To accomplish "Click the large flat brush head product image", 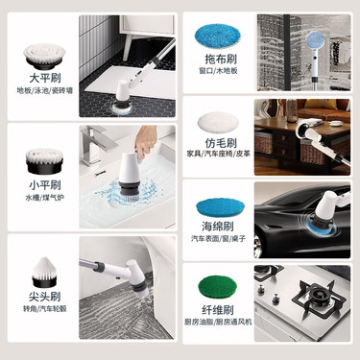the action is (44, 57).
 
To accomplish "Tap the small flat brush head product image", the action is (44, 161).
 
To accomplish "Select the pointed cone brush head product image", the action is (44, 272).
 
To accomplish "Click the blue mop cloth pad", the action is (218, 35).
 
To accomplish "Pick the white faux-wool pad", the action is (218, 123).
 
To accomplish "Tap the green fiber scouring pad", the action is (217, 287).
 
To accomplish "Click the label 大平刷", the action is (45, 78).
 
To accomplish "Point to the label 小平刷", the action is (45, 185).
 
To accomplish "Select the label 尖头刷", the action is (45, 297).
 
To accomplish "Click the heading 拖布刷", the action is (221, 59).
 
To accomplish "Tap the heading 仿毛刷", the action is (221, 142).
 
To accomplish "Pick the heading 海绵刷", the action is (218, 227).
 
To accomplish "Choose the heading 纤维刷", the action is (218, 310).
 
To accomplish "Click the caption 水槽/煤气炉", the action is (45, 198).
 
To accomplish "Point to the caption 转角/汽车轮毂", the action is (45, 309).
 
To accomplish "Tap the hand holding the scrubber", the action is (146, 140).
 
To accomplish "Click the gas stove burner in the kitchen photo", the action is (320, 296).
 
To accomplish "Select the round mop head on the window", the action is (315, 41).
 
